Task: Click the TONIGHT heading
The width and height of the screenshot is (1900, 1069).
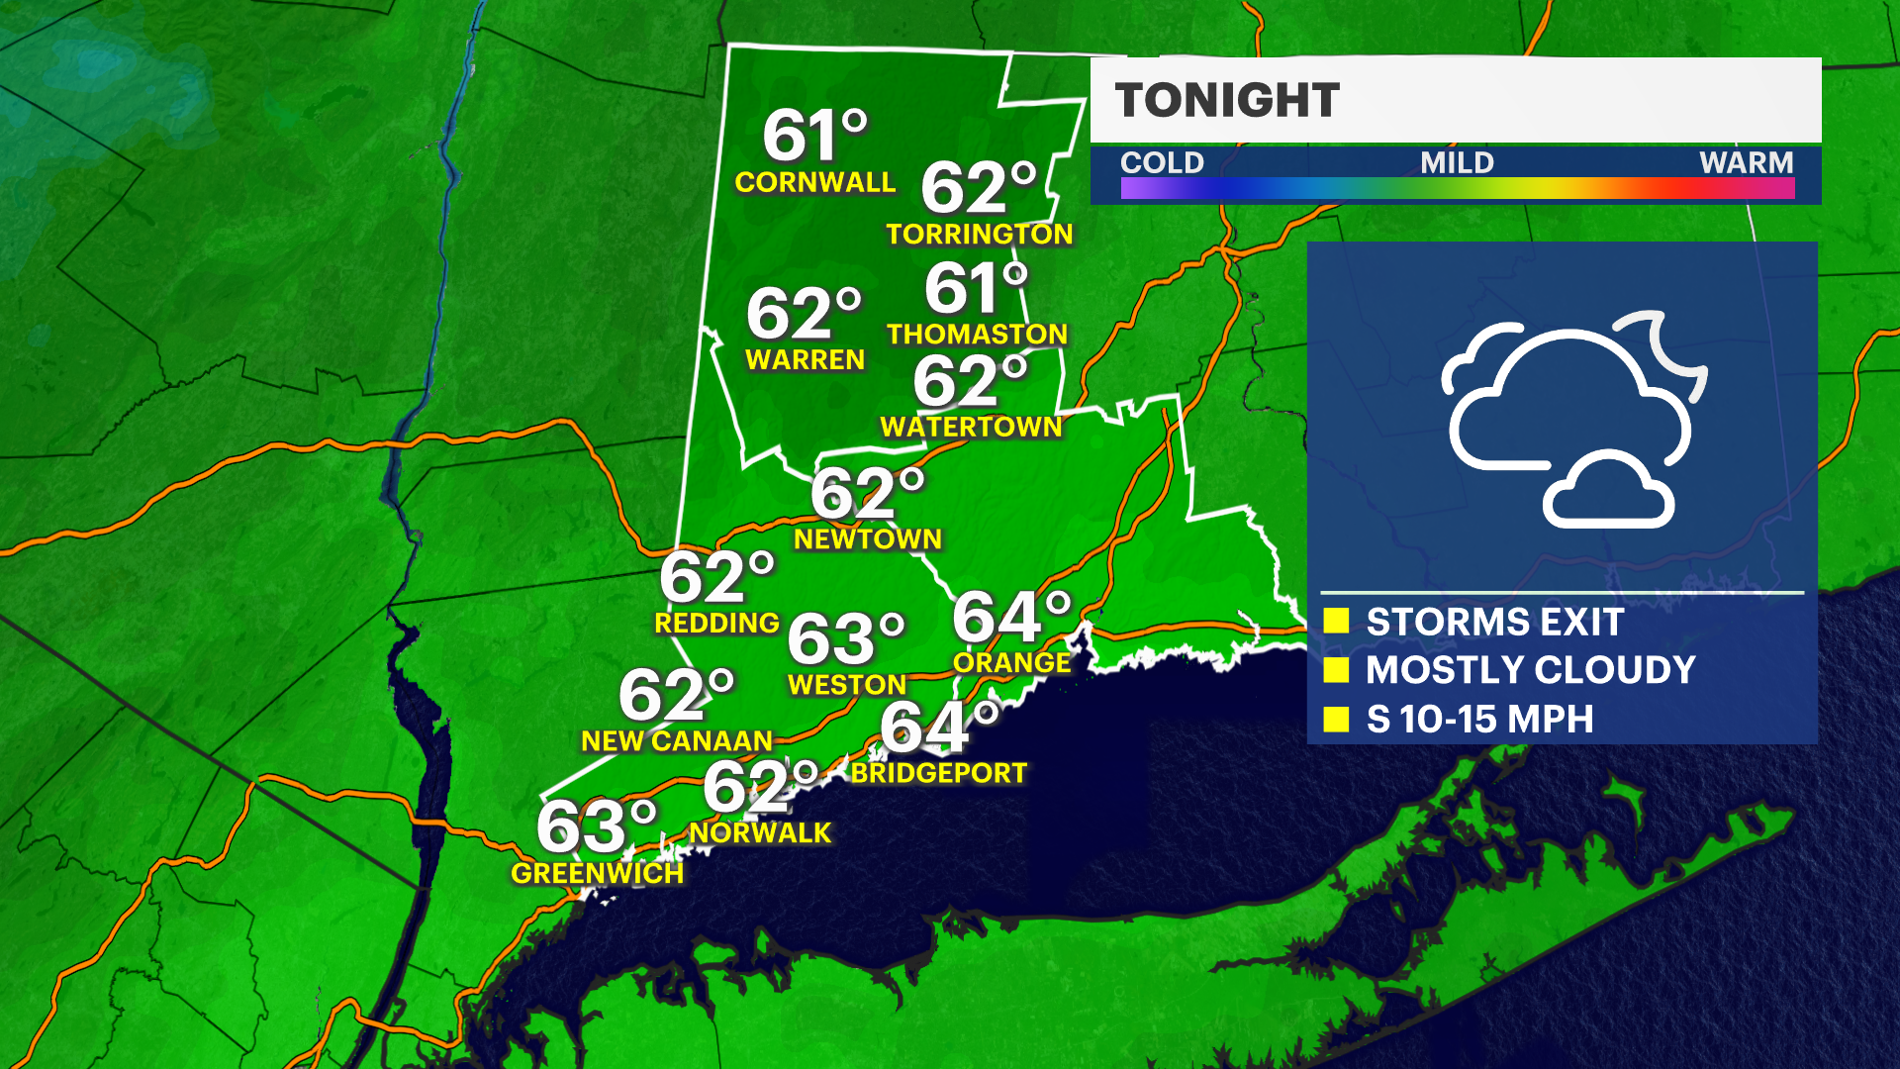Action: [1227, 100]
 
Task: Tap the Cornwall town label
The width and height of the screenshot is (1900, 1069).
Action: [814, 182]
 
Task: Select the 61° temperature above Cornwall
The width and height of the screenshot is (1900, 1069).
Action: [813, 136]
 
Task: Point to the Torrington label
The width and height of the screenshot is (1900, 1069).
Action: [979, 234]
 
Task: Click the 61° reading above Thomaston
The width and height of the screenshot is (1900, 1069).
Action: [976, 288]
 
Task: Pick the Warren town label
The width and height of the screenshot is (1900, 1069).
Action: [805, 359]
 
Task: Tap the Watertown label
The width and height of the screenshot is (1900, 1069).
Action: [971, 427]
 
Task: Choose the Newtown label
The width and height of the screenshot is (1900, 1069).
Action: [867, 538]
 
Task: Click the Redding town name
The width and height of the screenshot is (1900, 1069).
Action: [716, 623]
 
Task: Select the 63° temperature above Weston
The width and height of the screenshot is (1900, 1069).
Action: [845, 638]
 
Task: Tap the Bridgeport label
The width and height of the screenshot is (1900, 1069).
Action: [938, 773]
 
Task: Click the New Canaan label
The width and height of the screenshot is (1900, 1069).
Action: [676, 740]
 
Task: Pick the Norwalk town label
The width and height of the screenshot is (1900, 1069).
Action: [760, 832]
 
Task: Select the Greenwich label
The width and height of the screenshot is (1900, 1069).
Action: [597, 873]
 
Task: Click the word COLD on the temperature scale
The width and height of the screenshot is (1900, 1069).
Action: [1162, 162]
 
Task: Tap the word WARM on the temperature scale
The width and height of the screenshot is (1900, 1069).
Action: [1746, 162]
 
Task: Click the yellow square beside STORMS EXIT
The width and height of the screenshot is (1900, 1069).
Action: [1336, 621]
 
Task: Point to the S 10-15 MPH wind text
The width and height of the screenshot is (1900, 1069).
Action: [1479, 720]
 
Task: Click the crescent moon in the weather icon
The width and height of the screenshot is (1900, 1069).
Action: [1672, 351]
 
